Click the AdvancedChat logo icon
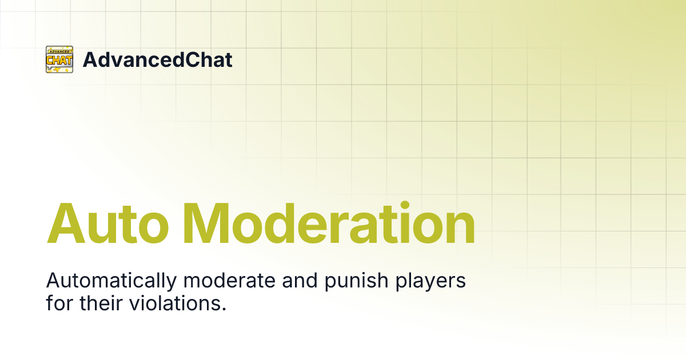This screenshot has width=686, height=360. click(59, 59)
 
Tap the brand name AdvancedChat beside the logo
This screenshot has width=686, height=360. click(157, 59)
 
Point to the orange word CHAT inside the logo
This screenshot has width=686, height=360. click(59, 59)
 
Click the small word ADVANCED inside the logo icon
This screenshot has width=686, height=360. click(59, 51)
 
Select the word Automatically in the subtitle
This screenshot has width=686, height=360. click(108, 282)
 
